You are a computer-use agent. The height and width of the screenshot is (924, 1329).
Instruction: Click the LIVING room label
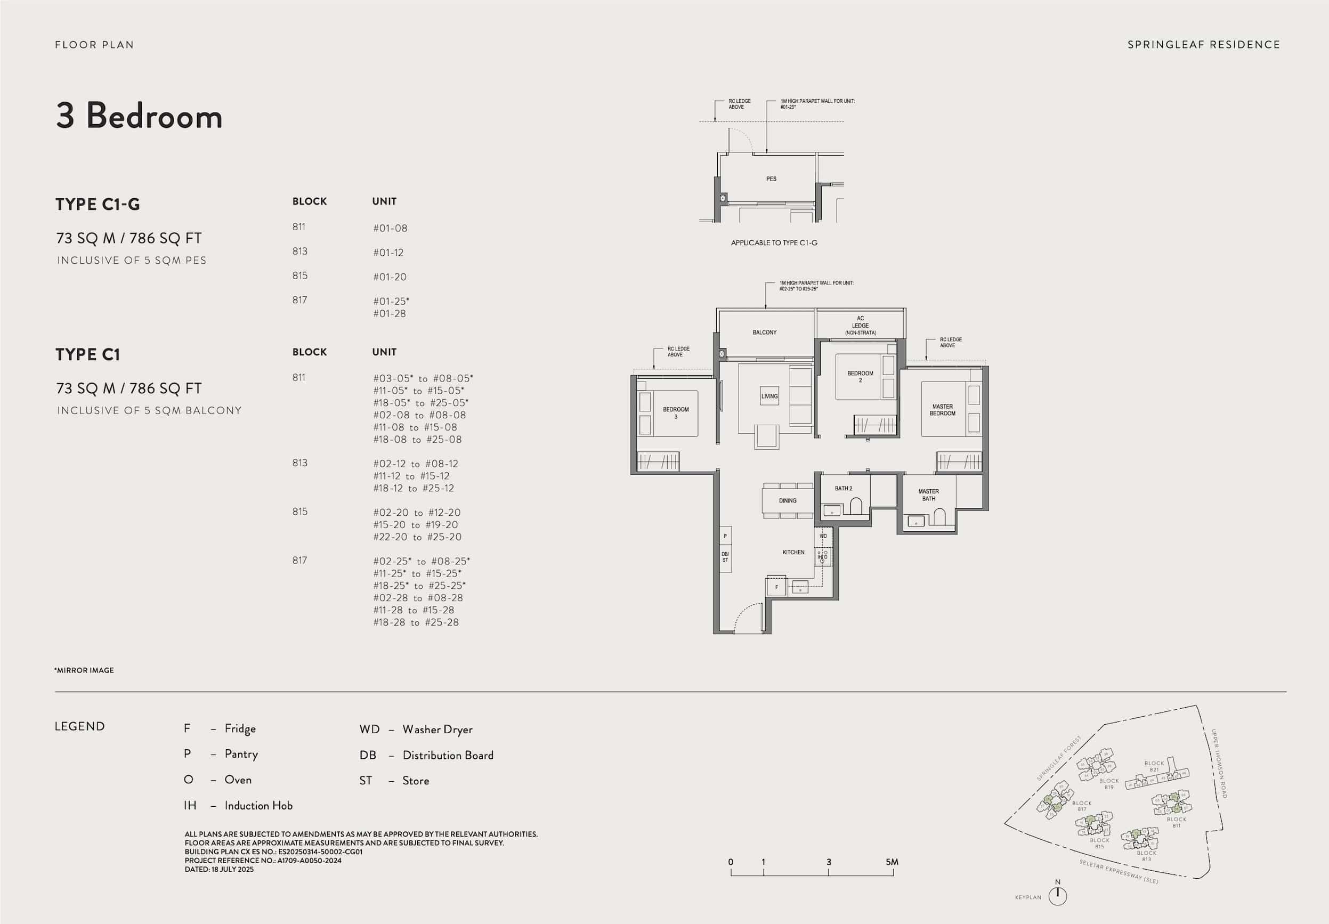tap(769, 396)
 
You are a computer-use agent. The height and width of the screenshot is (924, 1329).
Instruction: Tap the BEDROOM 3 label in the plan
tap(676, 413)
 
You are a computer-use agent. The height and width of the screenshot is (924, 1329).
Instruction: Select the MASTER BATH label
tap(928, 495)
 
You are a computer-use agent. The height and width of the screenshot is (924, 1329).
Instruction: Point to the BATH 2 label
tap(844, 489)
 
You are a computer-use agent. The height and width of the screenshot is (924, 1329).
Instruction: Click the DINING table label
tap(787, 501)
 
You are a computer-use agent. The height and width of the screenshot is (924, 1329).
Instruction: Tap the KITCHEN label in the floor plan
tap(793, 552)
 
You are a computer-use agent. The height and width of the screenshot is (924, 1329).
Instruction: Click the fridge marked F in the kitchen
tap(776, 587)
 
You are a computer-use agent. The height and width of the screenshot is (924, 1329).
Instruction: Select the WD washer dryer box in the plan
tap(823, 536)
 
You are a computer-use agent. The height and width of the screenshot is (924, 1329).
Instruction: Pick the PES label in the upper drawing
tap(771, 179)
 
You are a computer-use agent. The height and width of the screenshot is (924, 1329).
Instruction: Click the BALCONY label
tap(764, 333)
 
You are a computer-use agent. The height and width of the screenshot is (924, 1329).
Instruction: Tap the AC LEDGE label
tap(860, 326)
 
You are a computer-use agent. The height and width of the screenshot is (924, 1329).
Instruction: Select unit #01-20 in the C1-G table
tap(390, 277)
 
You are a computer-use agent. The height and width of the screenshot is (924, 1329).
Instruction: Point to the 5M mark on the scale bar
tap(892, 862)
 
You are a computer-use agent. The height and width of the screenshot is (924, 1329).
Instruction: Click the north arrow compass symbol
tap(1058, 896)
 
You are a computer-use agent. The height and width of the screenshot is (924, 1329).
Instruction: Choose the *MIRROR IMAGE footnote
tap(85, 670)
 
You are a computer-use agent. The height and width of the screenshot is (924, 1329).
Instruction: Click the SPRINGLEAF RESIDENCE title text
tap(1203, 45)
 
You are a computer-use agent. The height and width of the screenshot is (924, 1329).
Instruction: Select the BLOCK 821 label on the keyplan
tap(1154, 766)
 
